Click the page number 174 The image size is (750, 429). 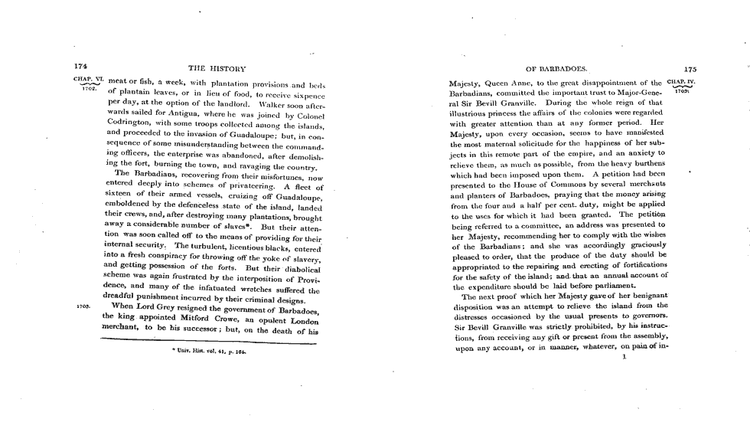(x=80, y=67)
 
